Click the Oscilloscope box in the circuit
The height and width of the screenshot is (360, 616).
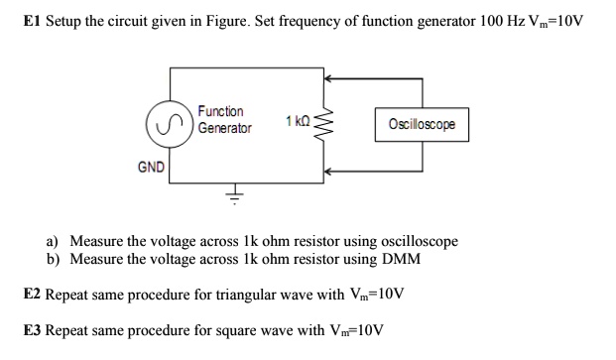pyautogui.click(x=422, y=124)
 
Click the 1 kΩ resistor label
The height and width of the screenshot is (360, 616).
pyautogui.click(x=297, y=121)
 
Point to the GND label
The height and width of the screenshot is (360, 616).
pyautogui.click(x=151, y=168)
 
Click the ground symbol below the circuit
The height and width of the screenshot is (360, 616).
pyautogui.click(x=235, y=195)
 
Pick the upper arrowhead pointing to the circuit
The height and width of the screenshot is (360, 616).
pyautogui.click(x=328, y=80)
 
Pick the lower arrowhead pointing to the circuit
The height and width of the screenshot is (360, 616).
pyautogui.click(x=328, y=172)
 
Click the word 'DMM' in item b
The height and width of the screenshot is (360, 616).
pyautogui.click(x=399, y=259)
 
